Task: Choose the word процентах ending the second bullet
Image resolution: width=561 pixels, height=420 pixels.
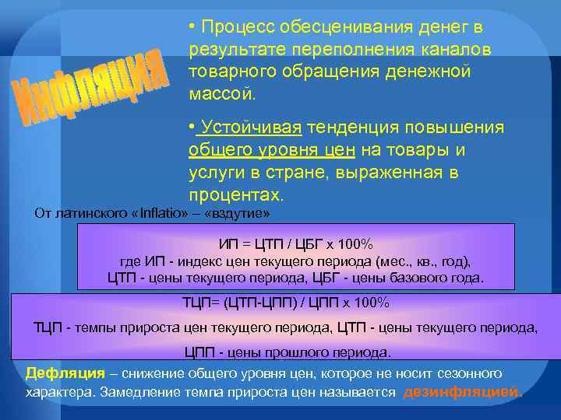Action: (234, 194)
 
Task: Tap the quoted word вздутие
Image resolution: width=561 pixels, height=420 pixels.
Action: (237, 213)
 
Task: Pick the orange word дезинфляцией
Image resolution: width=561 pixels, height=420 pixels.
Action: (463, 392)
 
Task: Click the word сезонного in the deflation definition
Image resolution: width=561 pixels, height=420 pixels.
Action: (467, 373)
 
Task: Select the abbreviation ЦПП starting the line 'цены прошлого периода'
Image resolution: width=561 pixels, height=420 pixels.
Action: (201, 352)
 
